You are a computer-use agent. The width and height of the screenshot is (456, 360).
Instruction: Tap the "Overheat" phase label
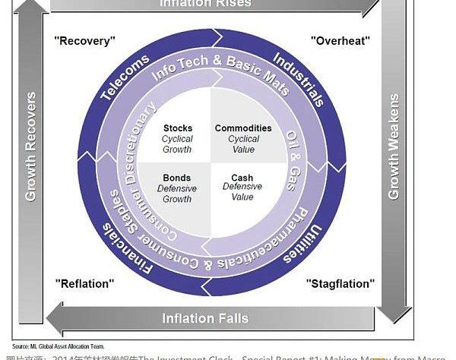pos(338,39)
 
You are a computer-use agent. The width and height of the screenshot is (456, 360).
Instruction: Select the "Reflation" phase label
pos(84,283)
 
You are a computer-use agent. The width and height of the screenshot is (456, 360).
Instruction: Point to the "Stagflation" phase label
pos(340,283)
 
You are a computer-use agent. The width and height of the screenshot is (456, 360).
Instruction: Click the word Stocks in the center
pos(178,128)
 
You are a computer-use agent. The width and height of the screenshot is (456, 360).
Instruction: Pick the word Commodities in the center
pos(242,128)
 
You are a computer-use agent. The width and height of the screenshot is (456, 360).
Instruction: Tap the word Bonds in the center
pos(177,178)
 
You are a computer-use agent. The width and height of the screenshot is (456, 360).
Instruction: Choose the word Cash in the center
pos(242,178)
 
